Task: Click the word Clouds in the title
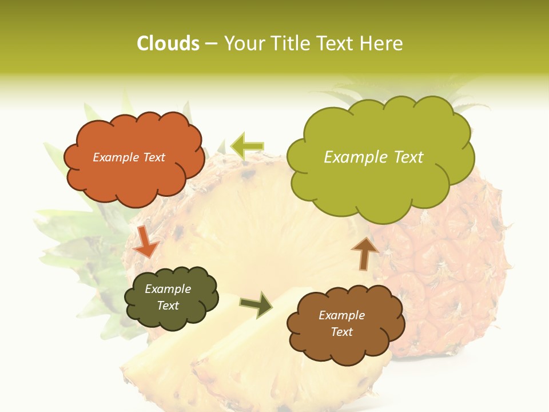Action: [168, 43]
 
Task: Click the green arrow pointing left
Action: [247, 146]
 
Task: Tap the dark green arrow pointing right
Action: [257, 304]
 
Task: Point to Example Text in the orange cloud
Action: [129, 157]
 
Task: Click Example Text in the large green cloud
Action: [373, 157]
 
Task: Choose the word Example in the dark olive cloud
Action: [168, 289]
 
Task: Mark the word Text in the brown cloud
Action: [341, 332]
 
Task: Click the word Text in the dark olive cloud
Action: [168, 306]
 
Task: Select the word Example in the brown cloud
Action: [341, 315]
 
